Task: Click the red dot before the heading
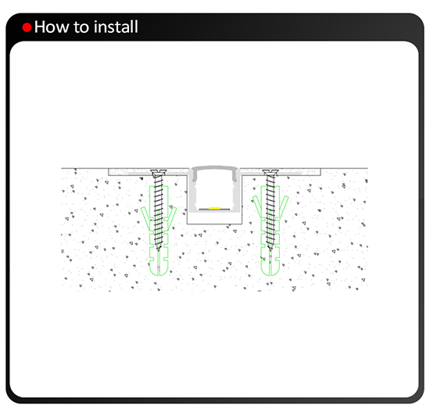coord(27,27)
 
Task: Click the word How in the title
coord(52,27)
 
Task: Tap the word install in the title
coord(116,27)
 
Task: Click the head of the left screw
coord(159,173)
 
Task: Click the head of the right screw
coord(271,173)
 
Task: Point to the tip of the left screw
coord(159,250)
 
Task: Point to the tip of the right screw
coord(271,250)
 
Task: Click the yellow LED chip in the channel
coord(214,208)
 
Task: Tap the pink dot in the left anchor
coord(159,267)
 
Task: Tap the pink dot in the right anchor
coord(271,256)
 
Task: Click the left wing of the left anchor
coord(146,217)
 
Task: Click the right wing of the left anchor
coord(172,217)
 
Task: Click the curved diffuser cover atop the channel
coord(214,168)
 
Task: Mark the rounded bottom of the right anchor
coord(271,271)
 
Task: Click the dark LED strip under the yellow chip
coord(214,210)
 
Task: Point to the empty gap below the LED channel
coord(214,218)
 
